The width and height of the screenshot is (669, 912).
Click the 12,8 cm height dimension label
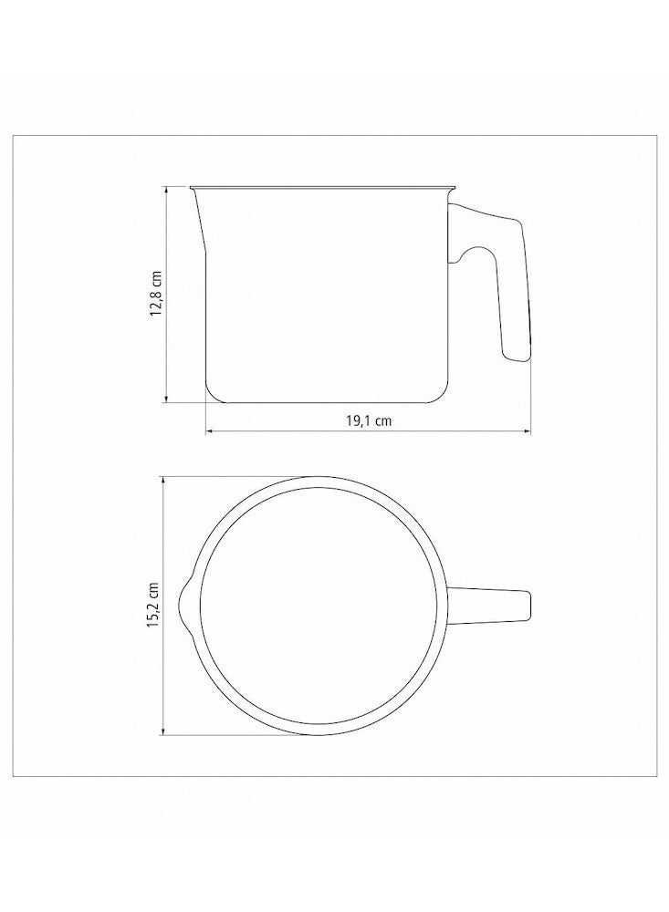pyautogui.click(x=156, y=292)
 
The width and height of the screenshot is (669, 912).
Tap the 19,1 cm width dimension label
pyautogui.click(x=369, y=420)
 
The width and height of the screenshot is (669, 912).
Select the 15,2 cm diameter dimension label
pyautogui.click(x=153, y=605)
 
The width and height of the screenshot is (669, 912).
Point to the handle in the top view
pyautogui.click(x=489, y=607)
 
